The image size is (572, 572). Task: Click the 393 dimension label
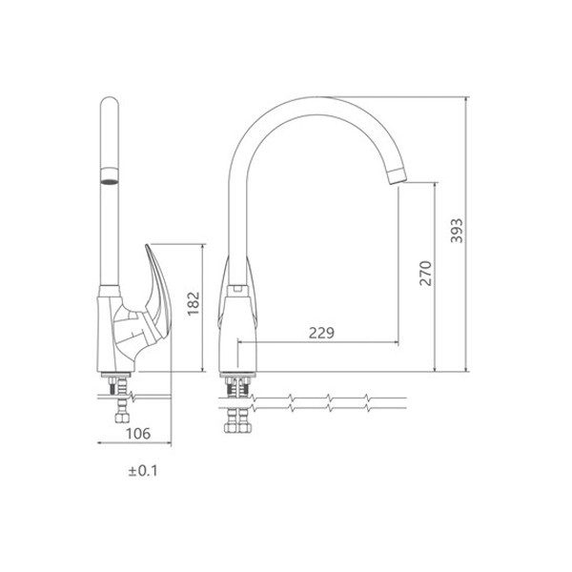457,231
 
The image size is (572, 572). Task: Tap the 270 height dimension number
425,274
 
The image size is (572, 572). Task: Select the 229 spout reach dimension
321,333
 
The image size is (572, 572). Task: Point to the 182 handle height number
194,303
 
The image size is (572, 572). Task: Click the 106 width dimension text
138,434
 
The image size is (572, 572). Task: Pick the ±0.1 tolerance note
143,471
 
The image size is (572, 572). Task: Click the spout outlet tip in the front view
397,176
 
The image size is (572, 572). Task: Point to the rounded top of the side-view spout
110,103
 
